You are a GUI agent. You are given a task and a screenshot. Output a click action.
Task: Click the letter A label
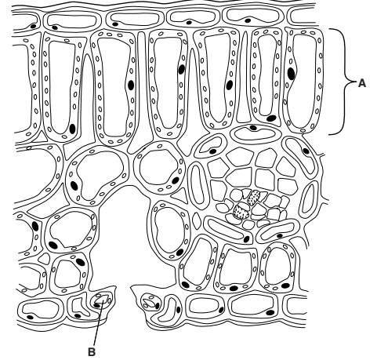coord(362,82)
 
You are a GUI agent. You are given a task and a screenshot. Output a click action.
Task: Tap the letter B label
coord(90,352)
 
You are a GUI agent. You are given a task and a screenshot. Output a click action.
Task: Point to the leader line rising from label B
coord(94,322)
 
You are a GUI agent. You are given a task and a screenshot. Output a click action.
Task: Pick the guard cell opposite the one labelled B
coord(148,300)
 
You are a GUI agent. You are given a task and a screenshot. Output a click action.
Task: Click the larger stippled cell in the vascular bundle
coord(248,203)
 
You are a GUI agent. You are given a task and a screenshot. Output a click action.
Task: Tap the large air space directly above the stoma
coord(125,235)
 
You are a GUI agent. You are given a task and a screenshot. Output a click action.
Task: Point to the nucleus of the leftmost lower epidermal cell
coord(29,318)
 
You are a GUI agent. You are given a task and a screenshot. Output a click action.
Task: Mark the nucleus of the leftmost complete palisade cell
coord(72,128)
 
